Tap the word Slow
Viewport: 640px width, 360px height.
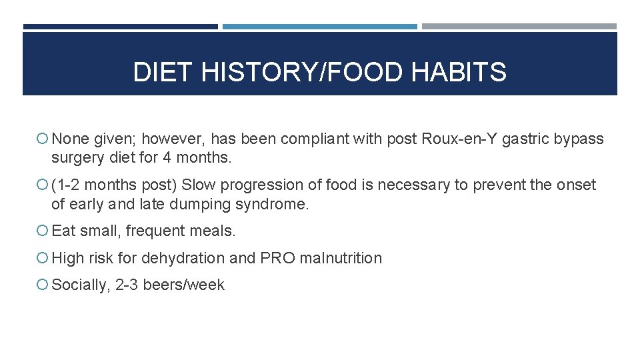[198, 185]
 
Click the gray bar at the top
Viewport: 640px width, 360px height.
[519, 27]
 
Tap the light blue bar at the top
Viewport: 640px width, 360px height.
[320, 27]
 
